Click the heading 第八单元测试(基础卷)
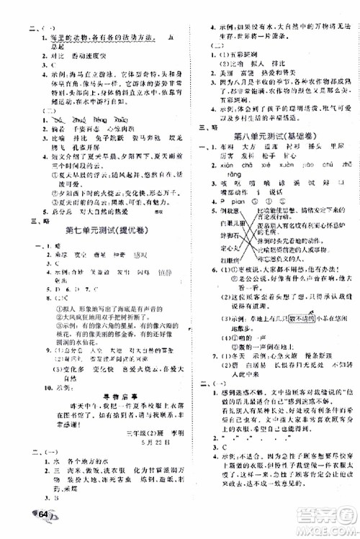(264, 135)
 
